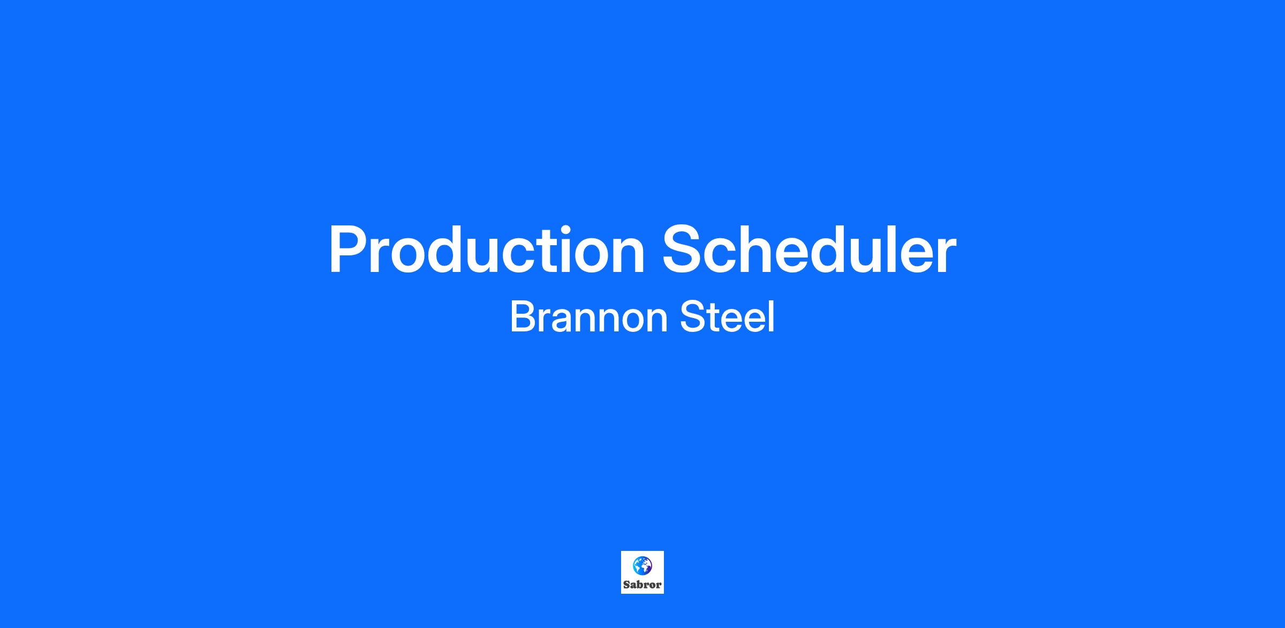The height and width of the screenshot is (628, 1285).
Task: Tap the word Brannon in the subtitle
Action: [589, 317]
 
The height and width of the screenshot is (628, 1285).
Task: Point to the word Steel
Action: [727, 317]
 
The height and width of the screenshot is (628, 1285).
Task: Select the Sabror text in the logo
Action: [642, 585]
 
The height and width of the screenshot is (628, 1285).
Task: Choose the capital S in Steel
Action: [693, 317]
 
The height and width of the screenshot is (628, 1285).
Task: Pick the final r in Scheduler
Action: [944, 256]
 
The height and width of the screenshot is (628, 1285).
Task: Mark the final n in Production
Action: [628, 256]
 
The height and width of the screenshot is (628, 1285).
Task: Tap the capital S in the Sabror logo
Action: [627, 585]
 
